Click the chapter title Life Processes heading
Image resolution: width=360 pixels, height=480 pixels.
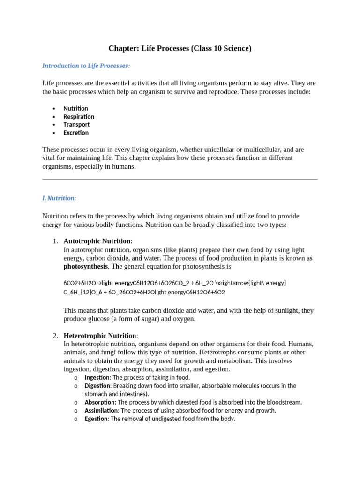point(180,48)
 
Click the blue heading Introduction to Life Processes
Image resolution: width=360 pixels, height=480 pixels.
point(86,66)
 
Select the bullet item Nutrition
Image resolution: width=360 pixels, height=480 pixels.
point(76,108)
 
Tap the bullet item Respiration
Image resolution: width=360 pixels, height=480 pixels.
point(79,116)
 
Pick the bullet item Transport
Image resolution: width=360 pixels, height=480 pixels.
point(76,124)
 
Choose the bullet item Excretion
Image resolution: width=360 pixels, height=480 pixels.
point(76,133)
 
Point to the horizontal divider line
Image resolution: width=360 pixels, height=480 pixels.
point(180,179)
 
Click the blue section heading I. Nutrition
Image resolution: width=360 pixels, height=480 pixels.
point(59,198)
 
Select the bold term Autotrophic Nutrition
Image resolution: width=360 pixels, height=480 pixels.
point(97,241)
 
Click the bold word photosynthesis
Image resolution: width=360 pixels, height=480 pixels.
point(86,266)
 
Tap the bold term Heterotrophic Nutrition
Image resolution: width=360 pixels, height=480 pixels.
point(100,336)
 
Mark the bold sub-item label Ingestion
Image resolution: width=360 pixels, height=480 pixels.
point(97,377)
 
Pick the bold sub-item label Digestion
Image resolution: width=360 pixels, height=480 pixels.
point(97,386)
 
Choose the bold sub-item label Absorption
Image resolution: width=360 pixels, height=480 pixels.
point(99,402)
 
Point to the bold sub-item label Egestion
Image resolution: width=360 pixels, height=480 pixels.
point(96,419)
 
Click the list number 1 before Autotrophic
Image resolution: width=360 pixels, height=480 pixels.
point(55,241)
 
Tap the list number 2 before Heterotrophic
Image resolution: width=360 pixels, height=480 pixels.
point(55,336)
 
